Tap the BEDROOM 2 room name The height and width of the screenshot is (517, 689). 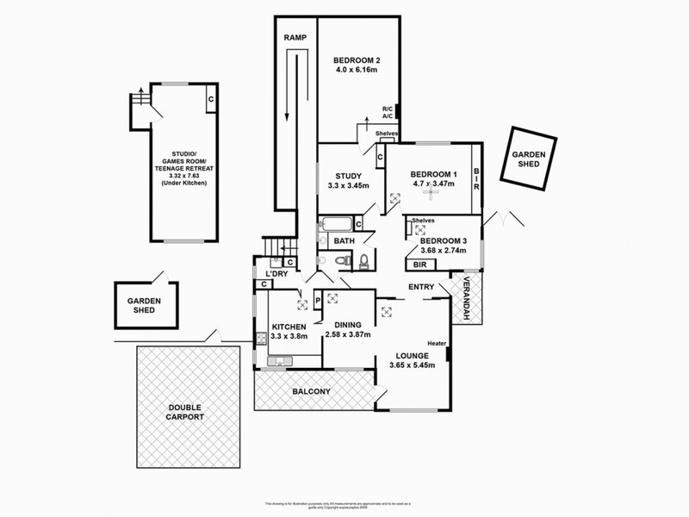(357, 60)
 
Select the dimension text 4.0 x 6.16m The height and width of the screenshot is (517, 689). (357, 72)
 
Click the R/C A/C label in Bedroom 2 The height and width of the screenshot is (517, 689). (388, 112)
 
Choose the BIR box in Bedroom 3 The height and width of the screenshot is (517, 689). (421, 265)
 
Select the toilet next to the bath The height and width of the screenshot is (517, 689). (363, 260)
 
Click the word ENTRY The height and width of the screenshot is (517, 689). (421, 287)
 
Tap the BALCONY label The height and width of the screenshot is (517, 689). (311, 392)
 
